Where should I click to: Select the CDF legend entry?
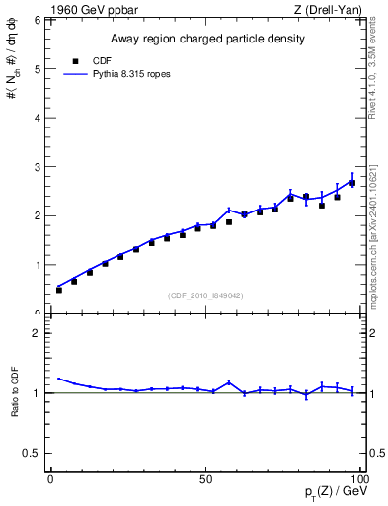pyautogui.click(x=87, y=61)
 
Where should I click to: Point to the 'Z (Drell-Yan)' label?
pyautogui.click(x=328, y=10)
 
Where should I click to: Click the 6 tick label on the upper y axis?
pyautogui.click(x=37, y=21)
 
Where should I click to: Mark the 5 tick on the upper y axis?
pyautogui.click(x=37, y=69)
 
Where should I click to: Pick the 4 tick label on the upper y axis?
pyautogui.click(x=37, y=118)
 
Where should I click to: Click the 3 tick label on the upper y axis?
pyautogui.click(x=37, y=167)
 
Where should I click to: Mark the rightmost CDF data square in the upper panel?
pyautogui.click(x=352, y=183)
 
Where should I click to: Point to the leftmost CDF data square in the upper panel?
pyautogui.click(x=59, y=290)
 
